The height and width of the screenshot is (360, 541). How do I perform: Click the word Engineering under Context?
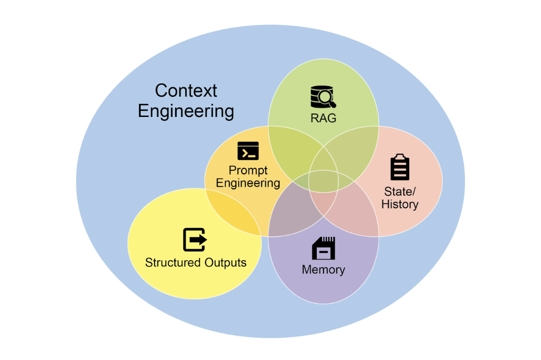[186, 111]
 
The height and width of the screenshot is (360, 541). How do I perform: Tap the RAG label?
[323, 118]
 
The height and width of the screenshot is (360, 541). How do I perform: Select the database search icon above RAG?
[323, 97]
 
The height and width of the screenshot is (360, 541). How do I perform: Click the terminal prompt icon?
[248, 151]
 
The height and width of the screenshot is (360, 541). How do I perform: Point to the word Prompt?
[248, 170]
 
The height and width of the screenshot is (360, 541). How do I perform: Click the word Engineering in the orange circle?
[248, 183]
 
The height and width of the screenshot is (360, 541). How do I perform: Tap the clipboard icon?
[400, 167]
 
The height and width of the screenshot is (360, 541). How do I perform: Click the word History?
[400, 204]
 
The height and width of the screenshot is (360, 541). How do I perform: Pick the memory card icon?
[323, 248]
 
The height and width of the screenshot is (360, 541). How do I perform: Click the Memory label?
[323, 270]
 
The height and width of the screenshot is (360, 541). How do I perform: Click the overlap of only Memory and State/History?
[354, 212]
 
